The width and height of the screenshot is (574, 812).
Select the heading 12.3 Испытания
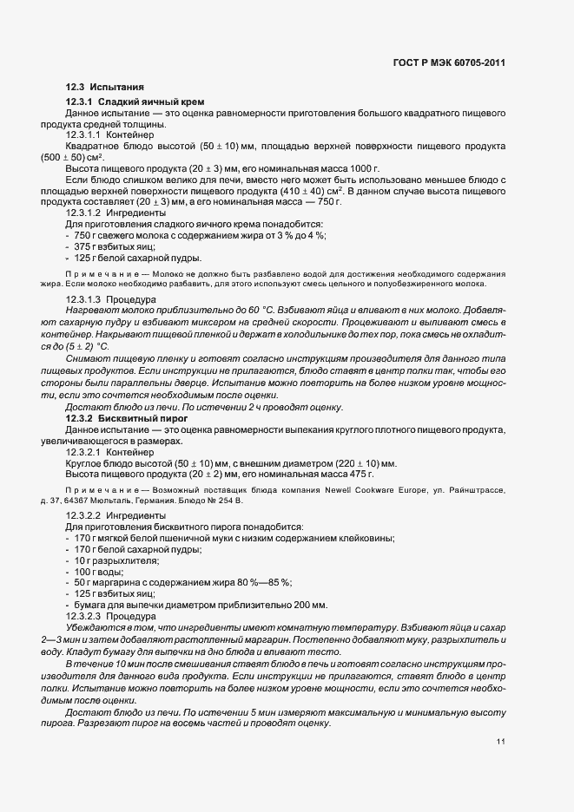tap(105, 88)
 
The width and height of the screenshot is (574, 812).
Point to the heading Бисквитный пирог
tap(144, 418)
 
